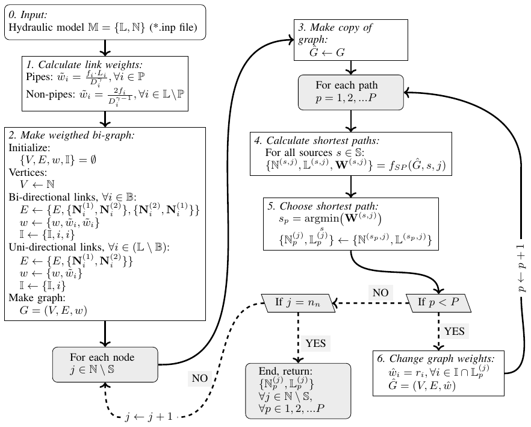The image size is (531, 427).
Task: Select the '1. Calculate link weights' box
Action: coord(106,84)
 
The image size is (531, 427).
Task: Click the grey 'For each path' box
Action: coord(346,92)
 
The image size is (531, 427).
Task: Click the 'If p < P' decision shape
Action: coord(438,301)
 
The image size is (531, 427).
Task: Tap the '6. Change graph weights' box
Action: coord(438,373)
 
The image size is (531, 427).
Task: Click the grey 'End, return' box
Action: coord(298,390)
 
